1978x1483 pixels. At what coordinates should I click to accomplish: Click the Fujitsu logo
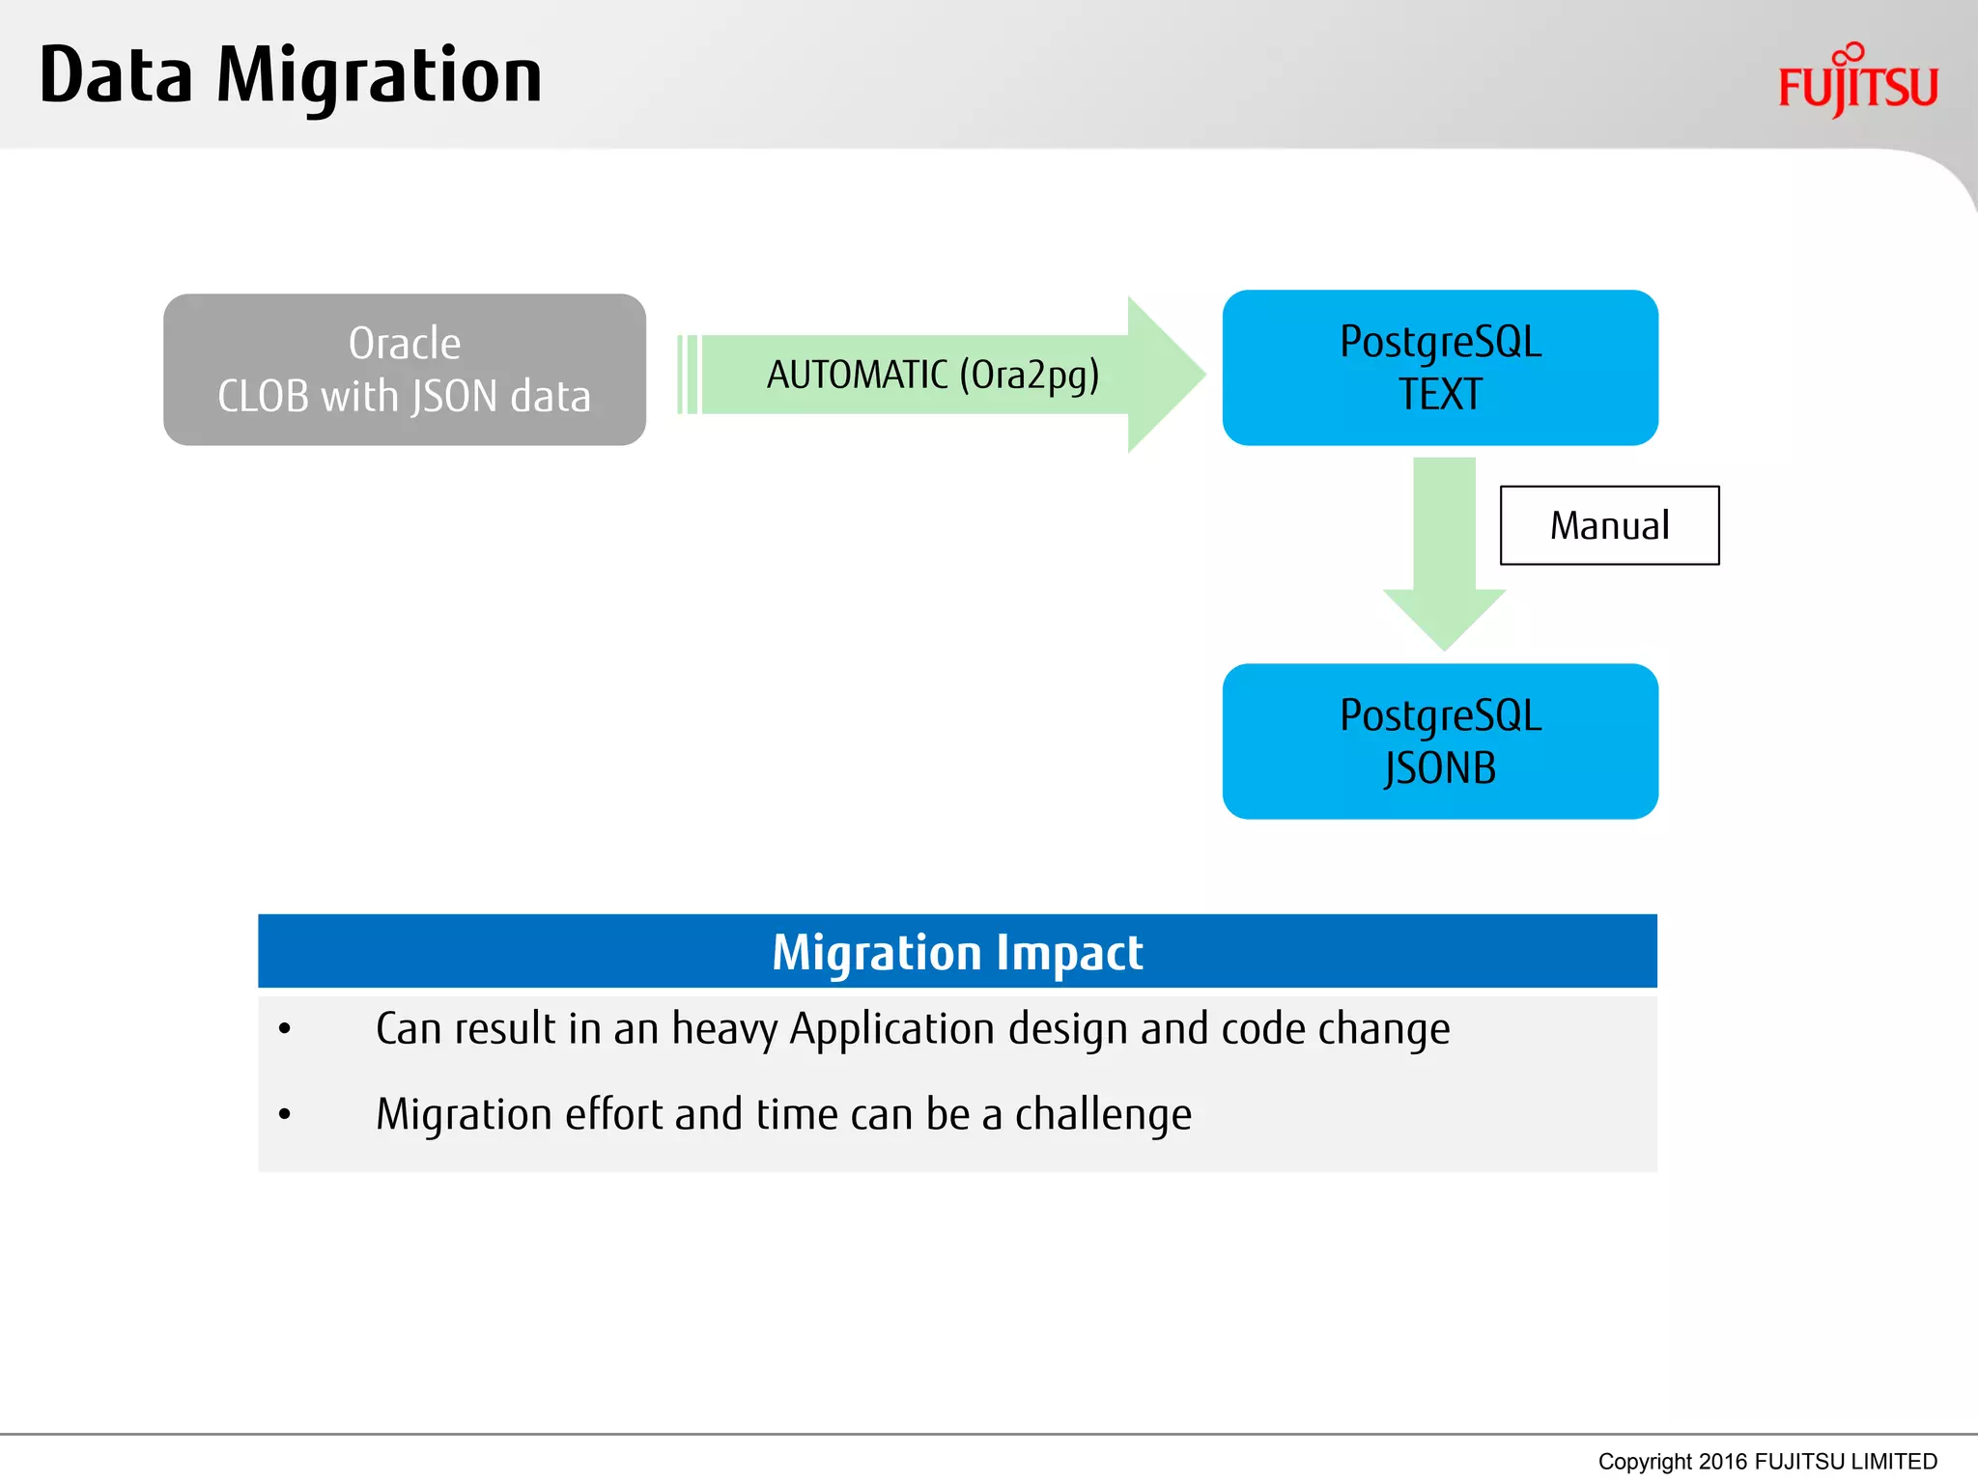click(x=1857, y=83)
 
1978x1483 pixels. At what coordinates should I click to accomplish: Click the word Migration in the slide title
click(x=379, y=77)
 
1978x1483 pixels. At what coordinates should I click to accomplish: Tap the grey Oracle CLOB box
click(x=404, y=369)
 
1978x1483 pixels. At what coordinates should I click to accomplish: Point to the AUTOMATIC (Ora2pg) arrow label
click(x=933, y=375)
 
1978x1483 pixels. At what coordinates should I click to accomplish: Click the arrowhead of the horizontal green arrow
click(x=1164, y=375)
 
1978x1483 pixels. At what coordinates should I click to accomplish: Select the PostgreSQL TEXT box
click(x=1440, y=368)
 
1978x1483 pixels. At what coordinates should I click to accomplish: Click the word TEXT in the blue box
click(x=1440, y=395)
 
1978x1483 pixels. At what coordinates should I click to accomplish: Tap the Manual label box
click(x=1609, y=525)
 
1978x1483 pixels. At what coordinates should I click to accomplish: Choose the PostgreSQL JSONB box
click(x=1440, y=741)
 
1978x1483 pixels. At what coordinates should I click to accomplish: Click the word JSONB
click(x=1440, y=769)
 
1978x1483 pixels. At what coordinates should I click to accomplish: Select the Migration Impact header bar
click(x=957, y=952)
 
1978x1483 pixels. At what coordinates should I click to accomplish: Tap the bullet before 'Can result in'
click(x=284, y=1029)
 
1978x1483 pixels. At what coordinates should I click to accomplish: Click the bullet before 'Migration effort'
click(x=284, y=1115)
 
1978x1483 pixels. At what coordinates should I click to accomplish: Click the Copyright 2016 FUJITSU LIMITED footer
click(x=1766, y=1462)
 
